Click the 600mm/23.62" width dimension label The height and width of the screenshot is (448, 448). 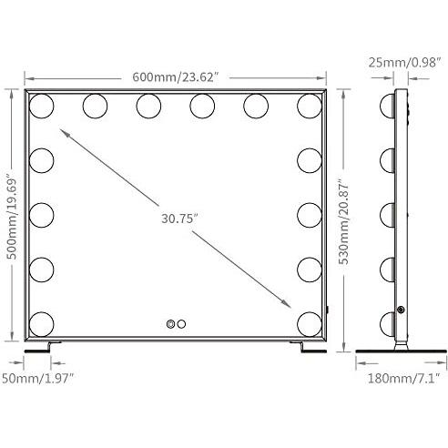coord(176,77)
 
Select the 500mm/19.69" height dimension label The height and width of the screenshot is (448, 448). coord(12,219)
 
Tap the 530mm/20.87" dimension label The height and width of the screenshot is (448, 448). coord(343,223)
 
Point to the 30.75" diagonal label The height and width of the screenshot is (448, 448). coord(179,219)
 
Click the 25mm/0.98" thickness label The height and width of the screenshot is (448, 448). coord(404,63)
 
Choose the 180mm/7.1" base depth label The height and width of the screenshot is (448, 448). coord(404,379)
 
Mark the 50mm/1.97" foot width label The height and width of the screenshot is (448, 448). coord(38,379)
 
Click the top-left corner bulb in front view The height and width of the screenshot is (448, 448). coord(42,106)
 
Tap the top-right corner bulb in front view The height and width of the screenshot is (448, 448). coord(310,106)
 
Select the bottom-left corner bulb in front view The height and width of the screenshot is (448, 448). coord(42,324)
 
